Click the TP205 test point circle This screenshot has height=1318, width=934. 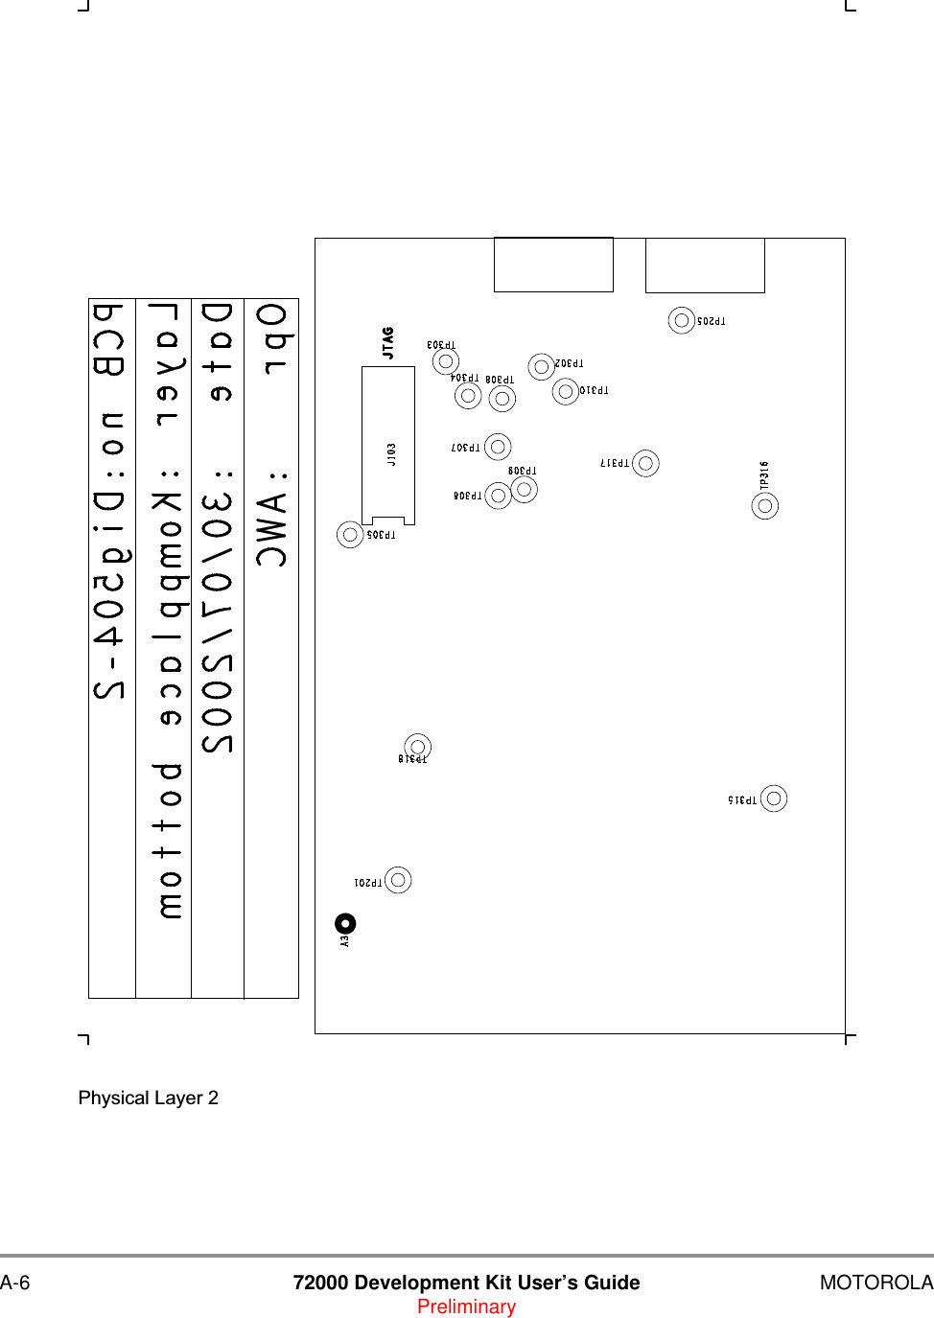click(x=682, y=320)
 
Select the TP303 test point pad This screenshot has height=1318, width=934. click(x=445, y=361)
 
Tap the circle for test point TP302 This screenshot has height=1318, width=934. click(x=542, y=367)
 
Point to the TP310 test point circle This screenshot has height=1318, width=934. click(x=566, y=391)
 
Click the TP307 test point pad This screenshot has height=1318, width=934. click(x=498, y=447)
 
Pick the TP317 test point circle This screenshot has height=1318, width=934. click(x=645, y=464)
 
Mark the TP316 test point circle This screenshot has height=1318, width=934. click(x=765, y=506)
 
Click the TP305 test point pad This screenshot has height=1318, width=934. click(x=350, y=534)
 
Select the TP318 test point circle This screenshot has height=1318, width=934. click(x=417, y=747)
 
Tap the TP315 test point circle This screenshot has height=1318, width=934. click(x=774, y=798)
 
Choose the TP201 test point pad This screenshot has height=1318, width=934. click(x=398, y=880)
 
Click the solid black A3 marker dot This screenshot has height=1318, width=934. click(x=346, y=923)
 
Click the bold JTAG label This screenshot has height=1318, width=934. click(x=388, y=343)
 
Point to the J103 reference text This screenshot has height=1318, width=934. click(x=391, y=454)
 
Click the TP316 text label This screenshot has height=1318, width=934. click(x=764, y=475)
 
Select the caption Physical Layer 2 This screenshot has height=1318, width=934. click(x=149, y=1098)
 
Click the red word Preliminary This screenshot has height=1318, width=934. click(x=466, y=1307)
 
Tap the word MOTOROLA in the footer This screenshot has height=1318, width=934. click(x=876, y=1283)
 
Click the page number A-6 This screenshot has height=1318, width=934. click(x=15, y=1283)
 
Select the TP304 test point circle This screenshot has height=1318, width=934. click(x=468, y=395)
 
